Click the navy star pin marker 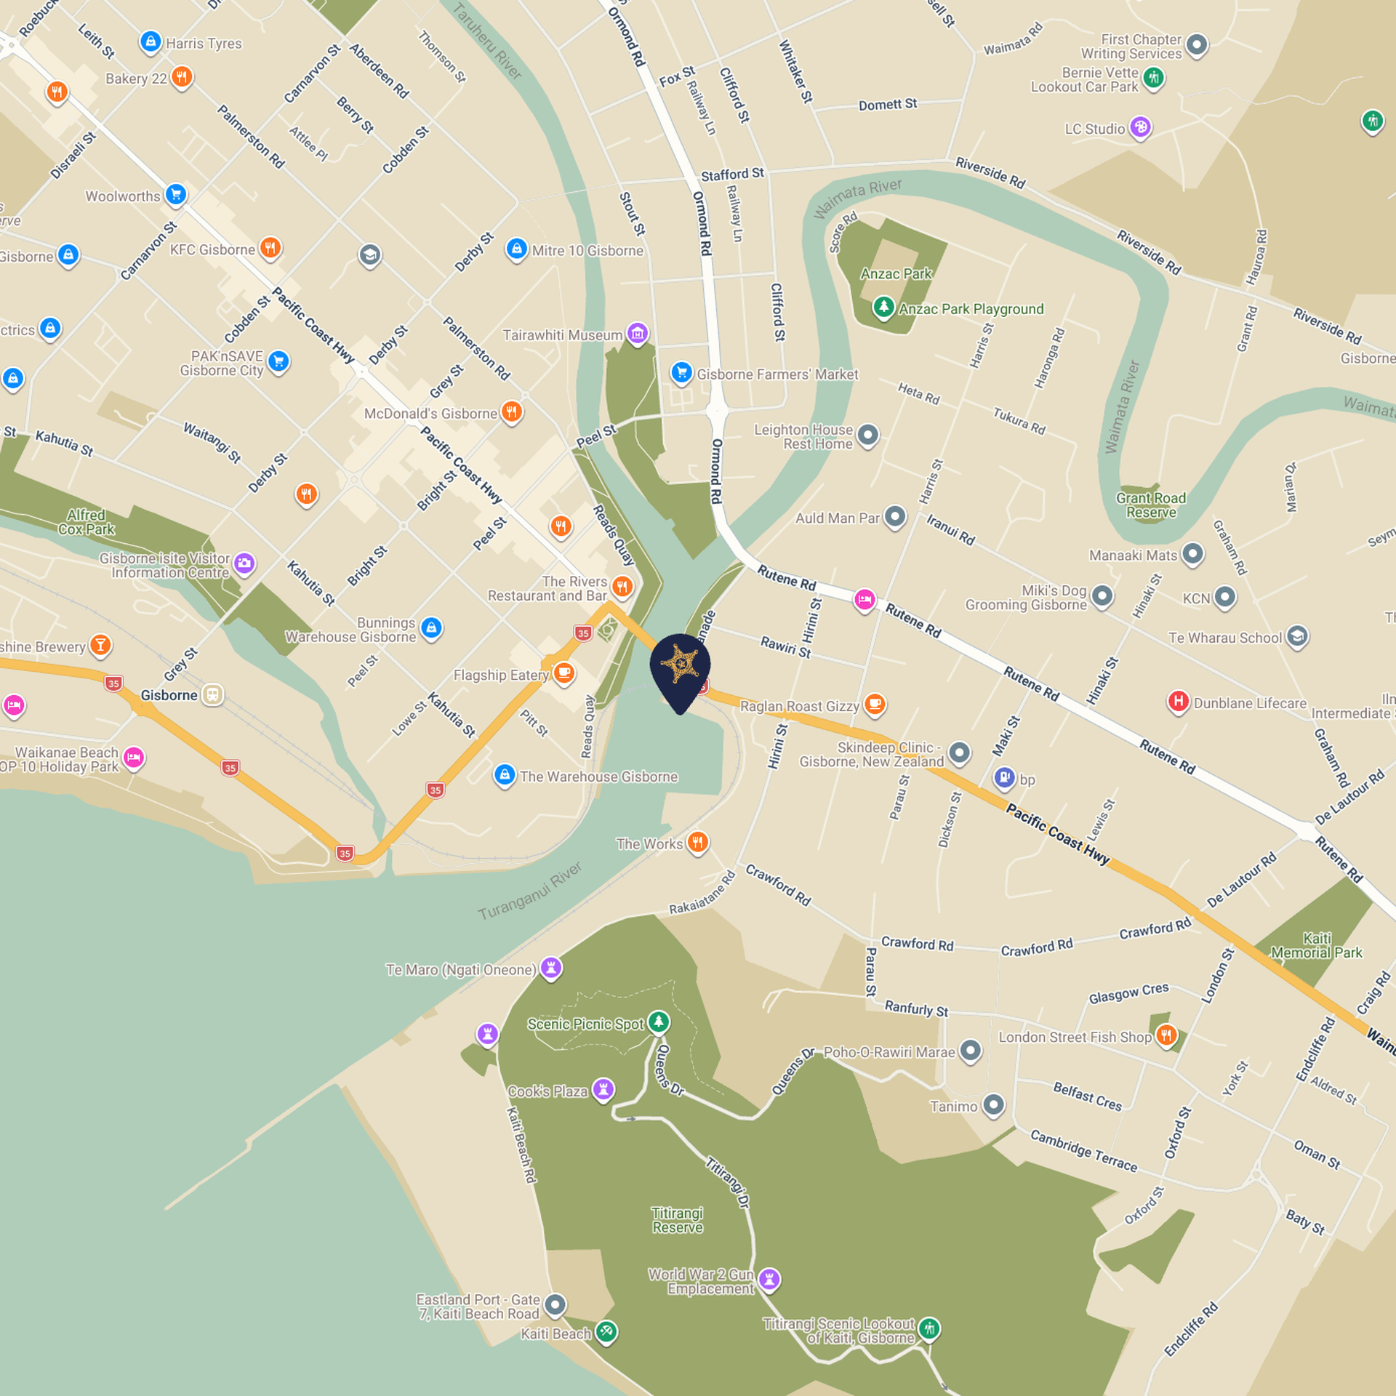point(680,666)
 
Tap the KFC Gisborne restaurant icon point(270,248)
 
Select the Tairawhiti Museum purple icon point(638,334)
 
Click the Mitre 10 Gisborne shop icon point(516,249)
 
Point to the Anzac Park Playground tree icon point(883,307)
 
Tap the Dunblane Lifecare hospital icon point(1178,702)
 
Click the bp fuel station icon point(1004,777)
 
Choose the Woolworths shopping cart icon point(176,194)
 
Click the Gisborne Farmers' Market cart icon point(681,373)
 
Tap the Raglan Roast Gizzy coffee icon point(875,704)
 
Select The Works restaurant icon point(698,842)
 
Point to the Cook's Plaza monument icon point(603,1089)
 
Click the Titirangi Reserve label point(677,1220)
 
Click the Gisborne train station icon point(212,694)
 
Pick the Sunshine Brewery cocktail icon point(100,645)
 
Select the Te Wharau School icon point(1297,636)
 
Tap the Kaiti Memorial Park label point(1316,945)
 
